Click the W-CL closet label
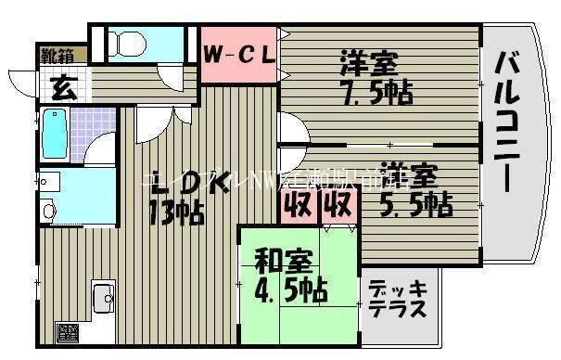(x=239, y=55)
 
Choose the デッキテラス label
(x=397, y=299)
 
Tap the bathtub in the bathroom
(x=55, y=135)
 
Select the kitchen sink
(x=103, y=300)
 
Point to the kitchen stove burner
(x=68, y=331)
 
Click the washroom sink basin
(x=50, y=210)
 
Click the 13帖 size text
(x=177, y=212)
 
